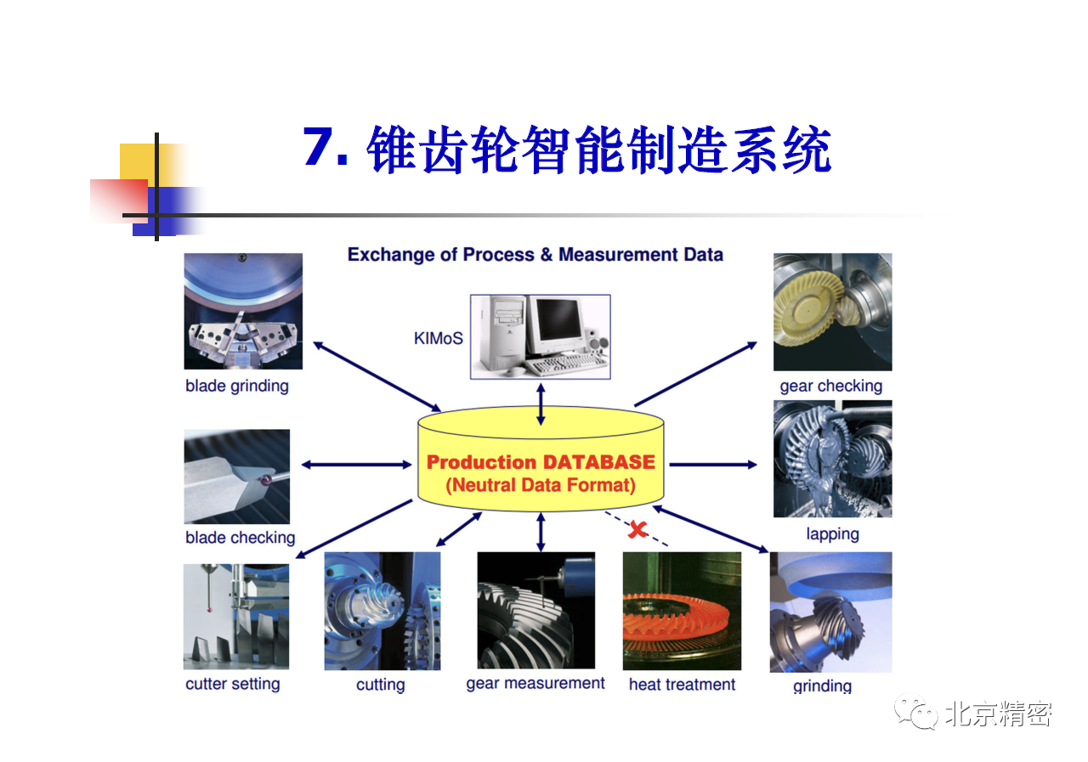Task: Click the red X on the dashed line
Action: [637, 529]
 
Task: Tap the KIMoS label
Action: [438, 338]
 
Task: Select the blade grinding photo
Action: [243, 311]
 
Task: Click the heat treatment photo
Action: [682, 611]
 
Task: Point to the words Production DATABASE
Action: [541, 462]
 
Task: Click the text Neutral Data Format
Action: [541, 485]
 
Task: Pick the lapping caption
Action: [832, 534]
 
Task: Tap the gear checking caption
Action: [831, 387]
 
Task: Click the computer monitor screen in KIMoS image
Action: [558, 319]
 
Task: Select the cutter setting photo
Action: [236, 617]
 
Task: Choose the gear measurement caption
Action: [535, 683]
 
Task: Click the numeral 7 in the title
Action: [318, 146]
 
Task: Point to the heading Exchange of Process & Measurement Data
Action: [535, 254]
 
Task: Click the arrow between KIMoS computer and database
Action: [541, 404]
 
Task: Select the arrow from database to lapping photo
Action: [713, 465]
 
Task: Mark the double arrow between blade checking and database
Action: [356, 465]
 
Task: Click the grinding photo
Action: [830, 612]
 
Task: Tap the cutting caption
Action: [380, 685]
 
